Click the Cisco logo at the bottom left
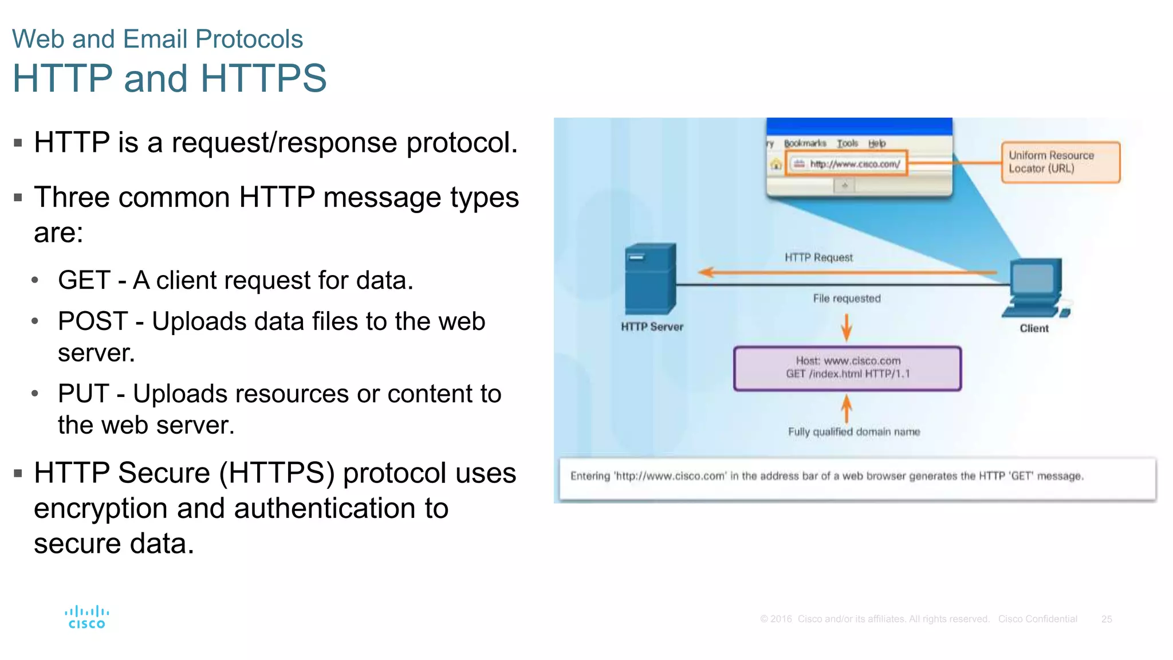pos(86,618)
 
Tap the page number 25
pos(1106,619)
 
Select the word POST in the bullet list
pos(92,321)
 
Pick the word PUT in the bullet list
pos(83,394)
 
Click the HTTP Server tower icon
pos(651,279)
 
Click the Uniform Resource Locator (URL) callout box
pos(1060,162)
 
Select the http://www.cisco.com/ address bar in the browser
pos(846,164)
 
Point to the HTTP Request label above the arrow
pos(818,258)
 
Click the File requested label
pos(847,298)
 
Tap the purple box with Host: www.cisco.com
pos(847,368)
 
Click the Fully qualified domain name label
pos(853,432)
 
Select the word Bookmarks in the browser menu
pos(805,143)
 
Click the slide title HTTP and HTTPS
pos(170,78)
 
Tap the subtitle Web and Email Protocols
pos(158,39)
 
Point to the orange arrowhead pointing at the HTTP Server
pos(706,273)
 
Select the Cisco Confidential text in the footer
pos(1037,619)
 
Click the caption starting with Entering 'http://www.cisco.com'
pos(826,476)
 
